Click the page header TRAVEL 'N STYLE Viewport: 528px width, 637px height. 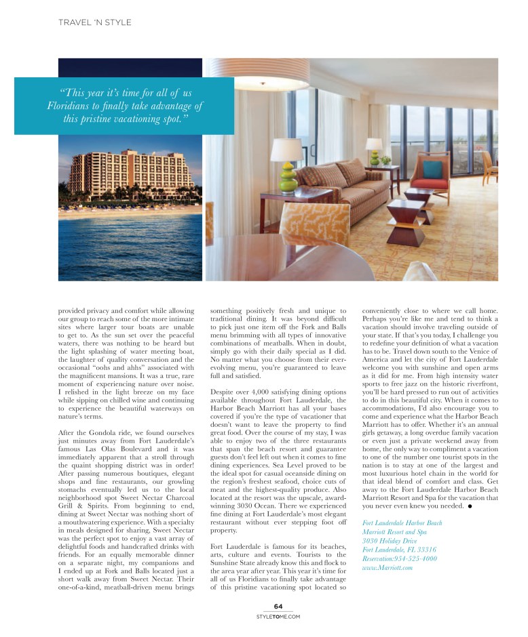(95, 22)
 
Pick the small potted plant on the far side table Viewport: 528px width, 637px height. (385, 161)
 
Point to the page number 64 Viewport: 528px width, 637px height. (278, 606)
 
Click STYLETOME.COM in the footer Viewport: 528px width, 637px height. (278, 617)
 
